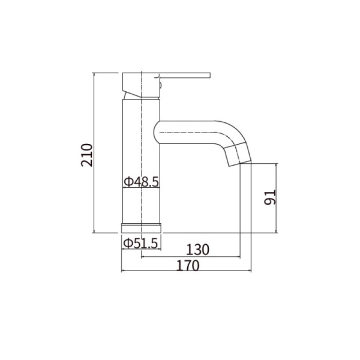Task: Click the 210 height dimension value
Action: point(87,155)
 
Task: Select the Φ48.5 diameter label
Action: point(142,181)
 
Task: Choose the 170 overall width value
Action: point(187,265)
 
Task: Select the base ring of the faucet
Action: point(142,229)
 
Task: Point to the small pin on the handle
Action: point(161,86)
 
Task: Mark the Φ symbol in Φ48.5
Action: point(128,181)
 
